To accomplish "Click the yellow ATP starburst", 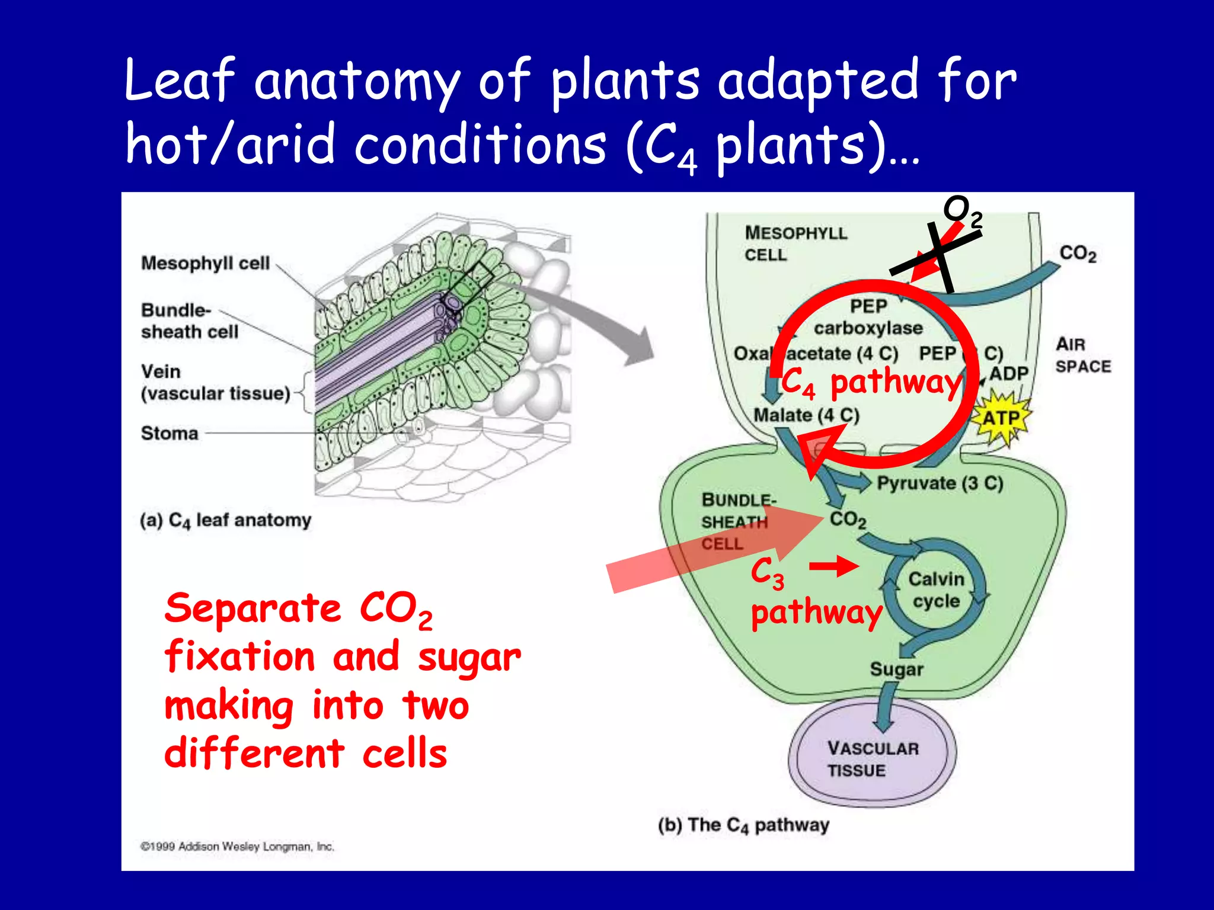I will [1001, 418].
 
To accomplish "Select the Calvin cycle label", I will [936, 589].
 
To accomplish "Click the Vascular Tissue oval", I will [873, 759].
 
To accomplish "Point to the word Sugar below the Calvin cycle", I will [896, 669].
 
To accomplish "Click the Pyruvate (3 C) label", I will [940, 483].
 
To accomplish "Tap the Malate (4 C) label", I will [806, 415].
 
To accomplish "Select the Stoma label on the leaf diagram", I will [170, 433].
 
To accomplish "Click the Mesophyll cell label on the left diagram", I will [205, 263].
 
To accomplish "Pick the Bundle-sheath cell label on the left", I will [189, 321].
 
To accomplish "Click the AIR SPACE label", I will [1082, 355].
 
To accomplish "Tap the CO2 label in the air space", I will [1077, 254].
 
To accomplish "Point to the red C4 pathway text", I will [870, 382].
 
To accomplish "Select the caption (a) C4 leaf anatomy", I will [225, 520].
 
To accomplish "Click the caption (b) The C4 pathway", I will [743, 825].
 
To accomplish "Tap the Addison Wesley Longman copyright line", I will [237, 847].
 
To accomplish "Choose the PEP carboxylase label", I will [868, 318].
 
